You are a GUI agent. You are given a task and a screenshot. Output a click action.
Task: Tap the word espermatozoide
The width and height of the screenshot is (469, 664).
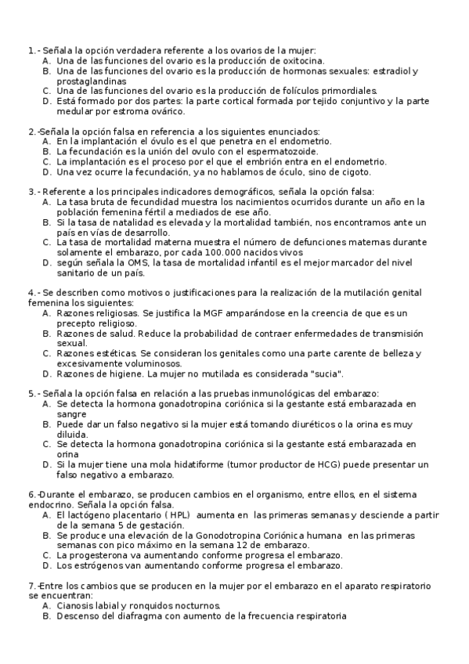tap(284, 151)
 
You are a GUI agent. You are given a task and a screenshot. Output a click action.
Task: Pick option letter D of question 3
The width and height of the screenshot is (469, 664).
tap(47, 263)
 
